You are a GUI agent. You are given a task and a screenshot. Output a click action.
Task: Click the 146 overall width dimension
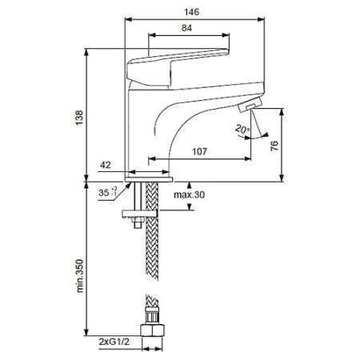click(192, 12)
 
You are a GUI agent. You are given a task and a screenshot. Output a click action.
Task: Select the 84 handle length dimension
click(186, 28)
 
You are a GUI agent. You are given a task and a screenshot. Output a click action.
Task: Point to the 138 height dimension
click(79, 118)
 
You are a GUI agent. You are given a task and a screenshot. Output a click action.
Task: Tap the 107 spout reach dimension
click(200, 151)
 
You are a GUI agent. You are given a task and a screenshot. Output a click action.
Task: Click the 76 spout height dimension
click(274, 146)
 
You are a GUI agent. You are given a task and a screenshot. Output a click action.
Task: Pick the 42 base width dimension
click(106, 165)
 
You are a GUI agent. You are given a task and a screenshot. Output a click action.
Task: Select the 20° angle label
click(242, 129)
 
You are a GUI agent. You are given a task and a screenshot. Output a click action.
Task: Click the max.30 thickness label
click(190, 194)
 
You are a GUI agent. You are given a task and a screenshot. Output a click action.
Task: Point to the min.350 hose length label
click(80, 276)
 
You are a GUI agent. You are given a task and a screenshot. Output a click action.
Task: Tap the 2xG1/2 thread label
click(114, 342)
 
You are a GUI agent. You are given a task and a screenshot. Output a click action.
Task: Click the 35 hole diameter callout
click(107, 192)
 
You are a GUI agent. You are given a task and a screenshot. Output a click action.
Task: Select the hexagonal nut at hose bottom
click(152, 330)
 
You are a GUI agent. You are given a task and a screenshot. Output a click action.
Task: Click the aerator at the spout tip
click(250, 105)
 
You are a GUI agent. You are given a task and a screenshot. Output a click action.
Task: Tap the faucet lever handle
click(178, 68)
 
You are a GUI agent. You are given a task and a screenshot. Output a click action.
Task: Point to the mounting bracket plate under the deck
click(139, 214)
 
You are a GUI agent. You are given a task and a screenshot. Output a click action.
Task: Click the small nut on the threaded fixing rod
click(138, 220)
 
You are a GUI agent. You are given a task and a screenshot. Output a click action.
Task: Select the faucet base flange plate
click(149, 179)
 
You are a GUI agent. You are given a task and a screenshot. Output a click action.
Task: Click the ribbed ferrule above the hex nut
click(152, 316)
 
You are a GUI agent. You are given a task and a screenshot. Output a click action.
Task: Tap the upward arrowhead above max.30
click(190, 185)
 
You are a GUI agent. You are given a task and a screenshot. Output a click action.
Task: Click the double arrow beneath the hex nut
click(152, 349)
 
